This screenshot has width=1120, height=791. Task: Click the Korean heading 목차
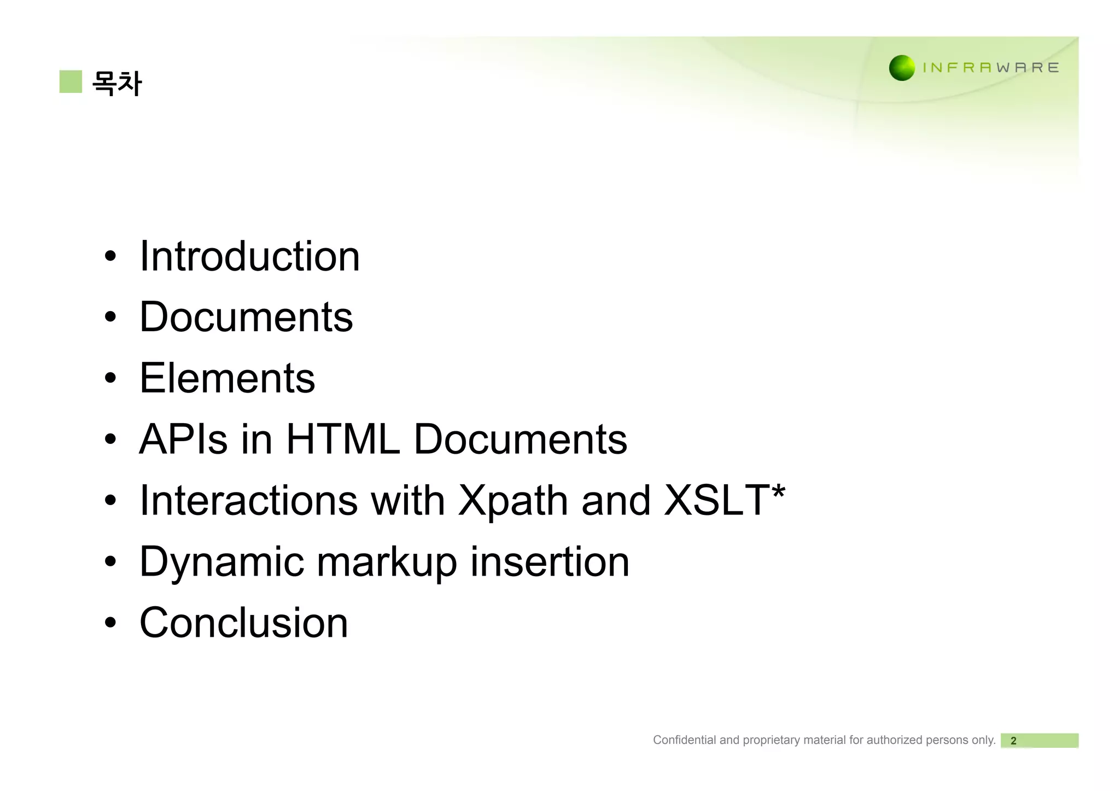[116, 83]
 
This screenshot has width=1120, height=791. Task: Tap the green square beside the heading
[71, 81]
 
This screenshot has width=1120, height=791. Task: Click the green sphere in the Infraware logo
[902, 68]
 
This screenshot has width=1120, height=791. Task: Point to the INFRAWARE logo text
[990, 68]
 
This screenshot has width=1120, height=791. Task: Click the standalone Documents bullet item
[246, 317]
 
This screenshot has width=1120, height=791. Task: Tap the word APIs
[183, 439]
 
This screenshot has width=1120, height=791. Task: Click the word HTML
[343, 439]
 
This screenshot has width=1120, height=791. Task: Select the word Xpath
[513, 501]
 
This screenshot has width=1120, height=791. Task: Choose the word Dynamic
[221, 562]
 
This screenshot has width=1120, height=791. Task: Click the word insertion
[550, 561]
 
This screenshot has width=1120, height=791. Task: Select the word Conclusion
[243, 623]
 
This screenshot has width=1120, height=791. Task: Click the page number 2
[1013, 741]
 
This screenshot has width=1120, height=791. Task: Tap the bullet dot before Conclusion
[110, 623]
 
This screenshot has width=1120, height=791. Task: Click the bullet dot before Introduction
[110, 256]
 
